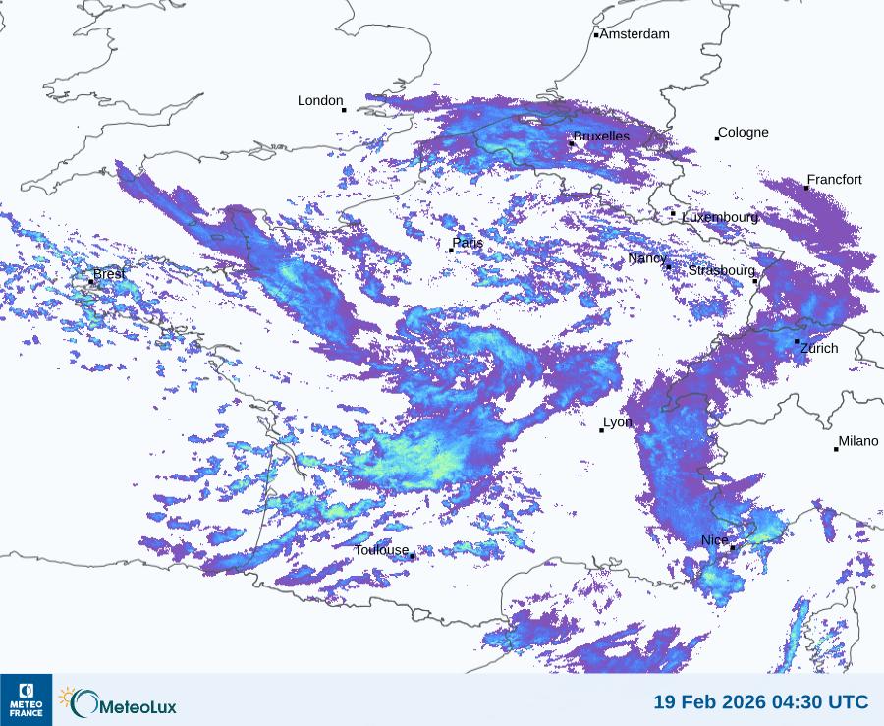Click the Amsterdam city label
point(635,34)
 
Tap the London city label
point(320,100)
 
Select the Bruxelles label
point(601,136)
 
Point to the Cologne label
point(744,133)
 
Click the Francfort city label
point(834,180)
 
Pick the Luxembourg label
point(720,216)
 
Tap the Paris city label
point(468,243)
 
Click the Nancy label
point(646,258)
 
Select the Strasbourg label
point(721,270)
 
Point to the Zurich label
point(819,348)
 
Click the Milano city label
point(858,441)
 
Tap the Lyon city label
point(618,422)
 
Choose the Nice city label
point(714,540)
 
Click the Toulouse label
point(381,550)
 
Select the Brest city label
point(109,274)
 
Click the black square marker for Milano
point(836,449)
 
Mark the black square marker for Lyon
point(602,430)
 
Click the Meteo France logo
point(26,699)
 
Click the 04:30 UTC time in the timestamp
point(813,701)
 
